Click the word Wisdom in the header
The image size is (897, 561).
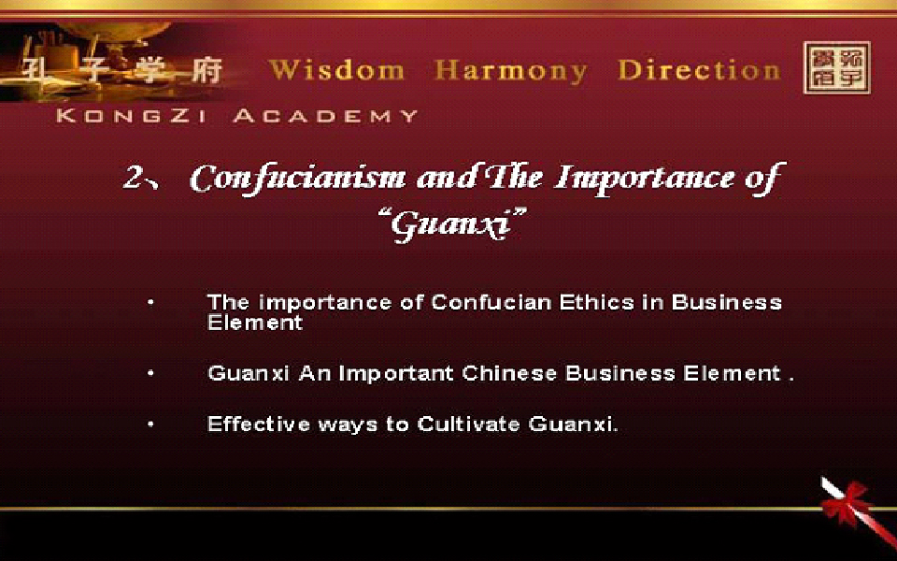coord(337,70)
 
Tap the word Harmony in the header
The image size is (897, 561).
coord(511,72)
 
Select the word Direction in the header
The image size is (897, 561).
coord(699,70)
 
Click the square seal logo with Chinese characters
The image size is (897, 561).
coord(837,67)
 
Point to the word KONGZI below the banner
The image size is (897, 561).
coord(132,116)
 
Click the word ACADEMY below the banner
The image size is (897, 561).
coord(326,116)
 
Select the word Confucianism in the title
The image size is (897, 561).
coord(297,179)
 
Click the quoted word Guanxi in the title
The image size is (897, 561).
coord(452,223)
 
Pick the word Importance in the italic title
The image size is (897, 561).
coord(644,179)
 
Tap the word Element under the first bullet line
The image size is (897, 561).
coord(254,323)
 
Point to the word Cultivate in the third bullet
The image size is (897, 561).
coord(468,424)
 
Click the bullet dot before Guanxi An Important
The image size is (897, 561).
coord(150,373)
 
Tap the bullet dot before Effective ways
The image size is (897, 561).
coord(150,424)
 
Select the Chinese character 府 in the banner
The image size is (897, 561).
coord(206,72)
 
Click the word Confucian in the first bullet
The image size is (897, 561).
coord(492,302)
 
